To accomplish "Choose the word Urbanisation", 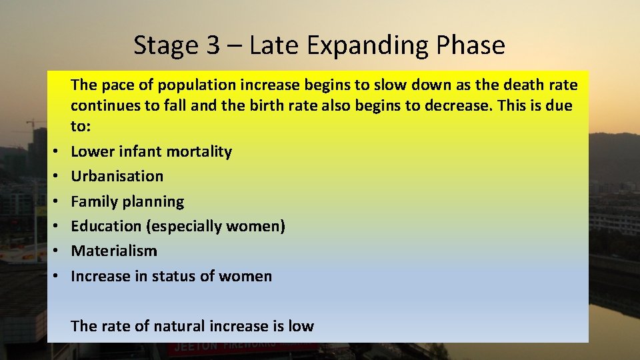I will click(117, 176).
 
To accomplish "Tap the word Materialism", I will click(114, 251).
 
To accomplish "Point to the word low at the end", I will click(301, 326).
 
